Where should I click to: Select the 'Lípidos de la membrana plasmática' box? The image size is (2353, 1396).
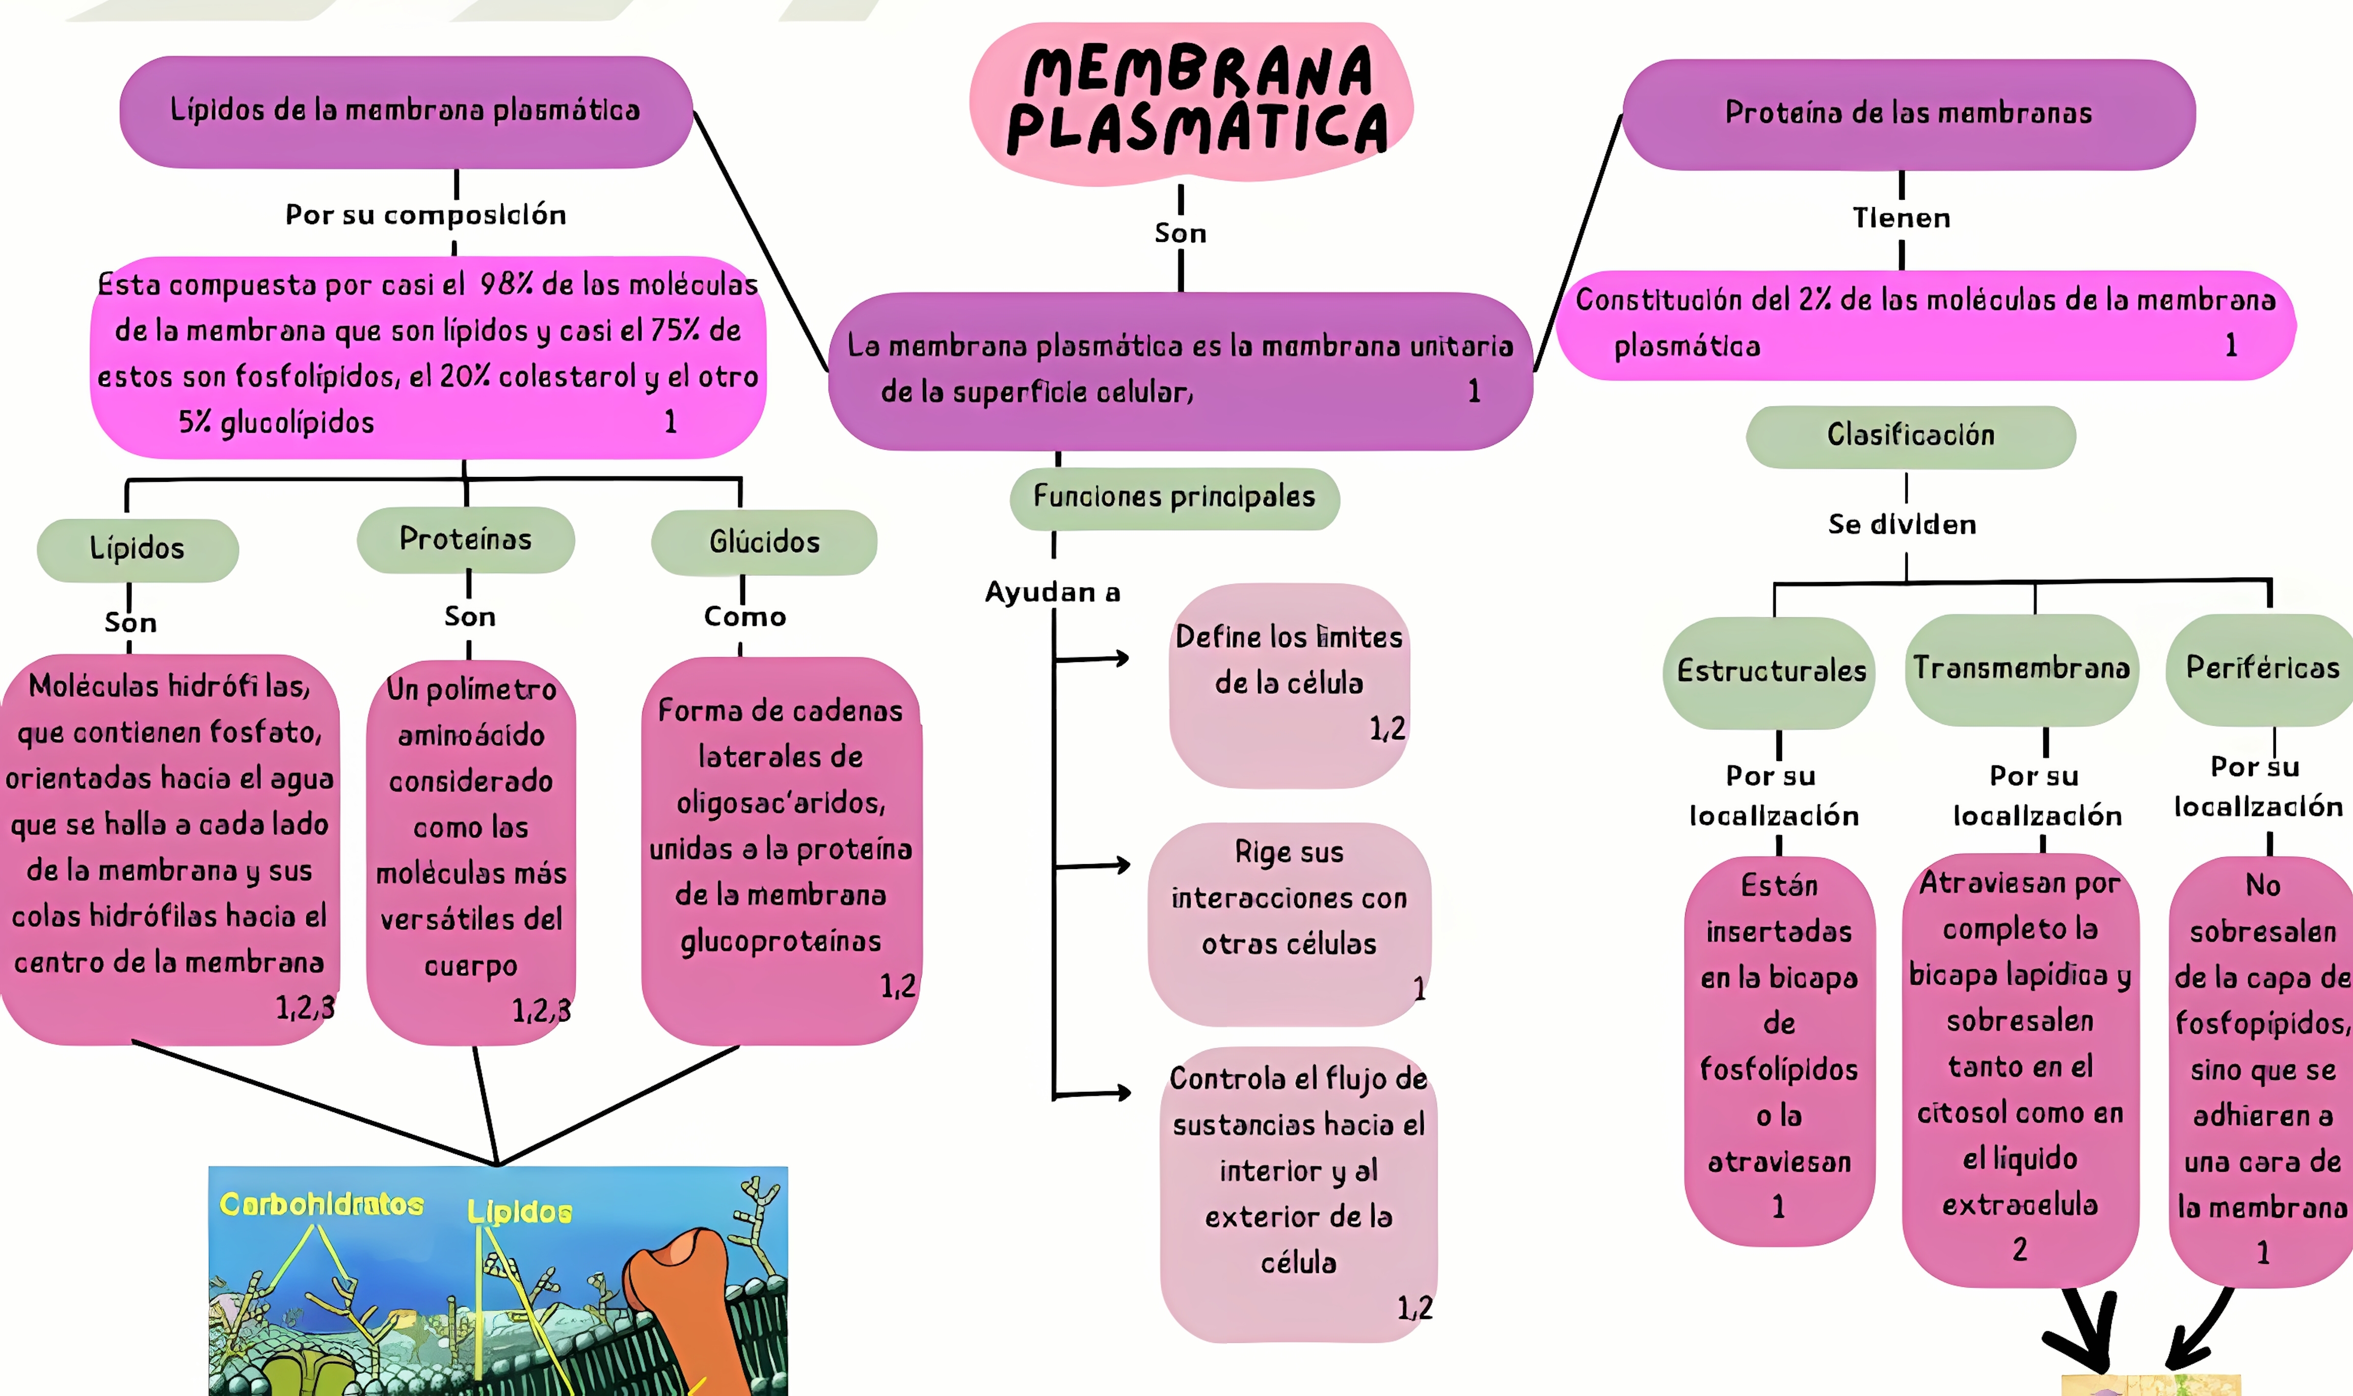tap(405, 111)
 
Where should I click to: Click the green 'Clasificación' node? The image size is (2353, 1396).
tap(1910, 436)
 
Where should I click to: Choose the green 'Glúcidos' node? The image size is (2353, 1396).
tap(764, 542)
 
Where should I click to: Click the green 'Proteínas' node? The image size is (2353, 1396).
tap(466, 539)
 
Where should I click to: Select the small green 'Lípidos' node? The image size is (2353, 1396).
tap(137, 549)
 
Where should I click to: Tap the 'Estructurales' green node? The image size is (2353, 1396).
tap(1770, 672)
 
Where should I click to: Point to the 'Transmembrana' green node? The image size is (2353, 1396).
tap(2021, 669)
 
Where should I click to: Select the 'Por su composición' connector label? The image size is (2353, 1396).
tap(425, 215)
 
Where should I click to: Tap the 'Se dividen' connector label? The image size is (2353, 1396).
tap(1901, 525)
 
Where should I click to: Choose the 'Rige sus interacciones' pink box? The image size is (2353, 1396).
tap(1289, 922)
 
